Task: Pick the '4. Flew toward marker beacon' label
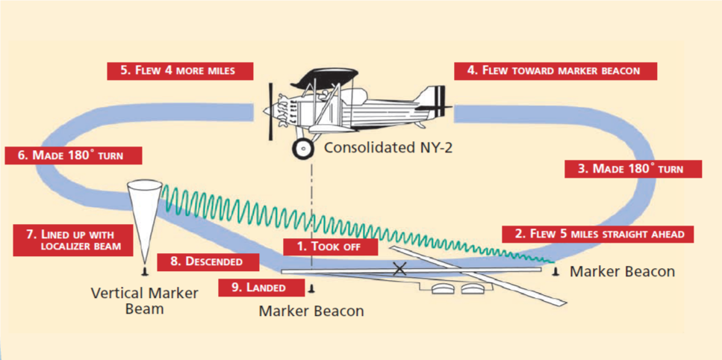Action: [555, 70]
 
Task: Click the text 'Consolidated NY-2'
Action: [388, 148]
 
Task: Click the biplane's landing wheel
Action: [303, 149]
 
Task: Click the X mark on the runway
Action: [400, 269]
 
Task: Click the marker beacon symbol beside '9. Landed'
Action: [311, 286]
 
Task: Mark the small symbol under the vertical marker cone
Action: [143, 272]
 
